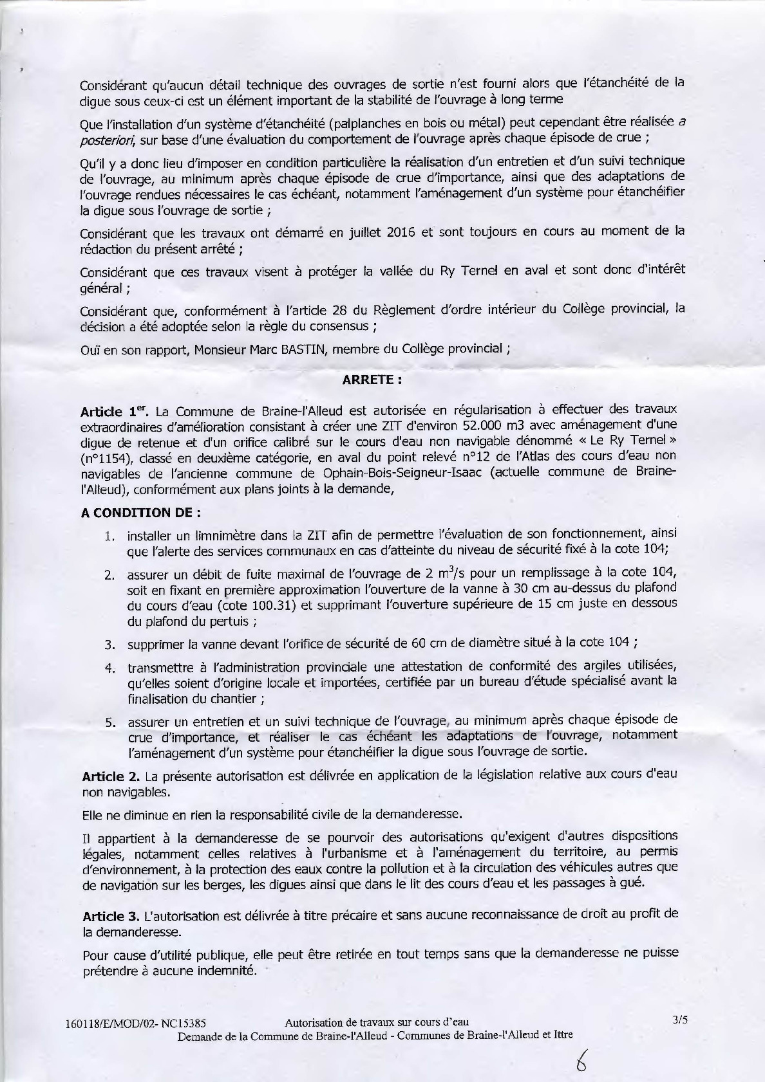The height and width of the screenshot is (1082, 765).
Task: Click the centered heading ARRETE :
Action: coord(372,380)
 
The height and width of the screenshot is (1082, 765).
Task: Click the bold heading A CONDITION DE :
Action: coord(141,513)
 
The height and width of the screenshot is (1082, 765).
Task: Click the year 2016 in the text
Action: coord(401,233)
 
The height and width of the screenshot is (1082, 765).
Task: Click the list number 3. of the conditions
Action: coord(110,644)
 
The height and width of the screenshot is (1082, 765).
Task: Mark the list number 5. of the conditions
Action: coord(110,722)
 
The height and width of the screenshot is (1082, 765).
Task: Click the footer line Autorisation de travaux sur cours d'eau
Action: coord(376,1022)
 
